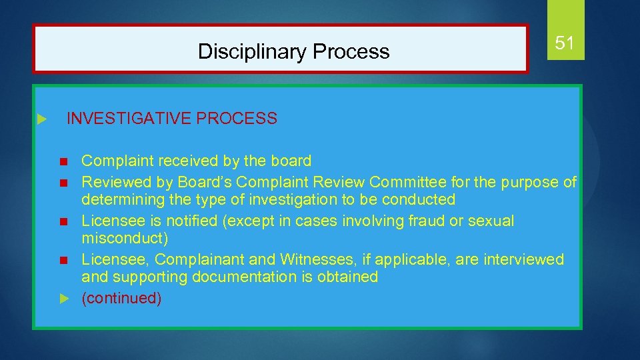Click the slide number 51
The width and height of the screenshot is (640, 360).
click(564, 44)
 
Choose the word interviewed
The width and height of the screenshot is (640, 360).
click(527, 259)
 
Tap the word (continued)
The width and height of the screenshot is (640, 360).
click(121, 298)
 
